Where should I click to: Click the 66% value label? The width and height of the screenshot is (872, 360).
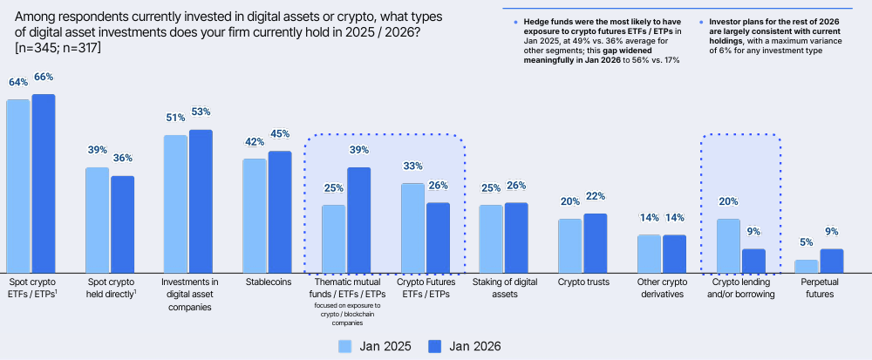pos(44,79)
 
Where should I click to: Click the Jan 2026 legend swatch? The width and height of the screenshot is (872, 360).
pos(436,345)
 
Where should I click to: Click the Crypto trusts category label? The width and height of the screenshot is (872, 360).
pos(583,282)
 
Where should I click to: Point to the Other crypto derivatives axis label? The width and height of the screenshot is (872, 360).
pos(661,289)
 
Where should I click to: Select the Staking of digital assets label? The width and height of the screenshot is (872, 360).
pos(503,289)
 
